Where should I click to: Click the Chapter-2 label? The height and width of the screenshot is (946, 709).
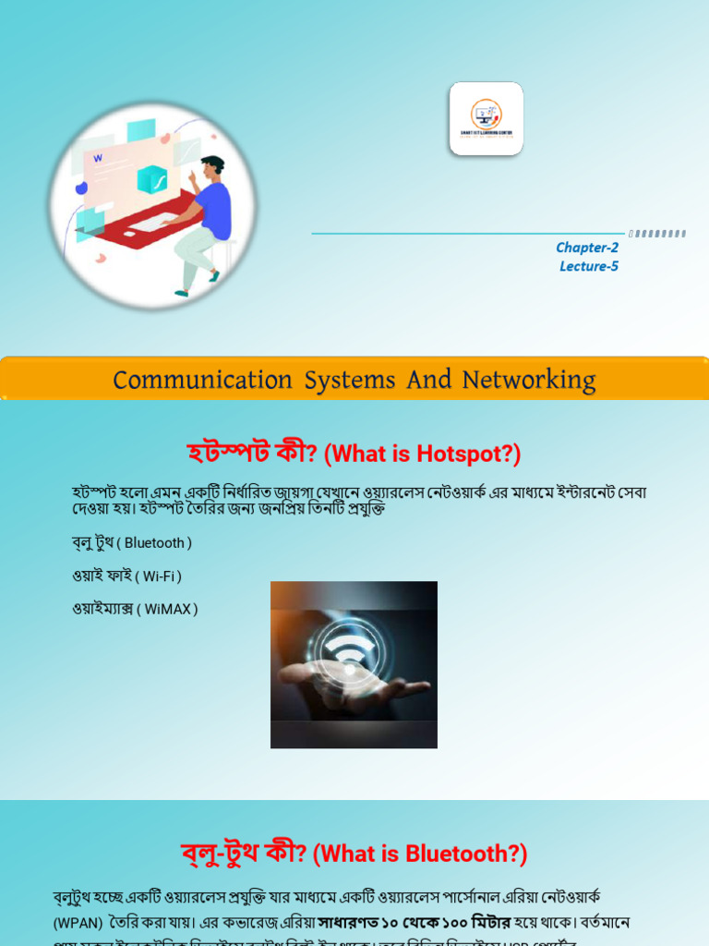(x=587, y=248)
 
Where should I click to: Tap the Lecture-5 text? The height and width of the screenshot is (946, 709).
(x=589, y=267)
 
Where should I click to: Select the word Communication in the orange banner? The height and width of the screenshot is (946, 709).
(x=202, y=380)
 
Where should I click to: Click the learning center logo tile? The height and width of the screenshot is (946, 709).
(x=487, y=118)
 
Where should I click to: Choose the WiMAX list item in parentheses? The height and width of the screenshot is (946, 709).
(x=171, y=610)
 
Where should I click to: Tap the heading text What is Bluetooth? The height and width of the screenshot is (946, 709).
(x=420, y=855)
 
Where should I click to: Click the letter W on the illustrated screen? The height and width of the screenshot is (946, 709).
(x=98, y=159)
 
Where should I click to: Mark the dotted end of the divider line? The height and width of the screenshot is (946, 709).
(x=657, y=234)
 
